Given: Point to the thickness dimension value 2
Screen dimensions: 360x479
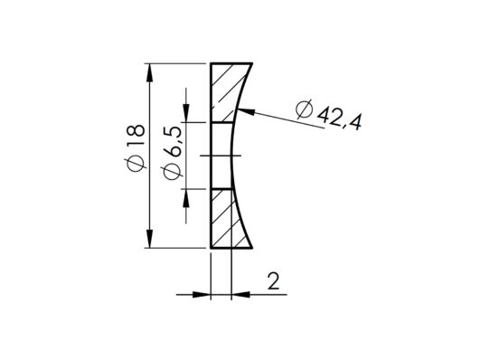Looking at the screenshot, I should [272, 282].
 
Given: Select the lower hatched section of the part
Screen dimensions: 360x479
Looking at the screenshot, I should [227, 218].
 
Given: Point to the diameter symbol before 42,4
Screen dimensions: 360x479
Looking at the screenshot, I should [305, 109].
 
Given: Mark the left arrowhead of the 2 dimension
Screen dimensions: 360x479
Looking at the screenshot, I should [205, 291].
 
